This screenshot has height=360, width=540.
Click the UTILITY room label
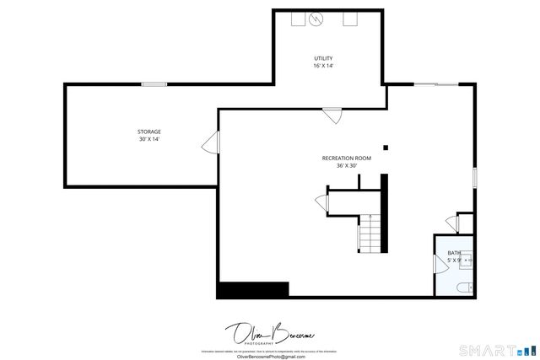[x=324, y=58]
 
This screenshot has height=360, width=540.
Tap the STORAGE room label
[x=149, y=132]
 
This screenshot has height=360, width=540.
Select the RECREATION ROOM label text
[x=346, y=159]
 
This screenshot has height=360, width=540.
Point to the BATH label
[x=454, y=253]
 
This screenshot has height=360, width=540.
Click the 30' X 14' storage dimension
[x=149, y=139]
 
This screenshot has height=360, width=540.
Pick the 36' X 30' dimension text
[x=346, y=166]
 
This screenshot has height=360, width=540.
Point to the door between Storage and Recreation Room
[x=209, y=144]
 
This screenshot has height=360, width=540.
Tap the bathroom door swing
[x=451, y=224]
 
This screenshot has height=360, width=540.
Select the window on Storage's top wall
[x=154, y=83]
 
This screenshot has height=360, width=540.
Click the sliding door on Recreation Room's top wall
[x=436, y=84]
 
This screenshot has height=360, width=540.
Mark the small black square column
[x=386, y=148]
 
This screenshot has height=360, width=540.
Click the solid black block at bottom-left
[x=252, y=289]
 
